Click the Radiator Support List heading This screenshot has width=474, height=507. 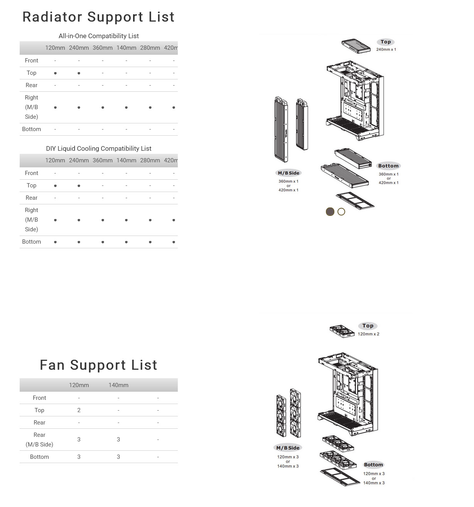pos(99,17)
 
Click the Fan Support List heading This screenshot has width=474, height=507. pos(99,365)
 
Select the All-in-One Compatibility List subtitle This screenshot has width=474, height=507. pos(99,36)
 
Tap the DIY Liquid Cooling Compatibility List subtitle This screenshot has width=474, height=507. pos(99,148)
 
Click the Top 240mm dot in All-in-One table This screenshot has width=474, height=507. pos(79,73)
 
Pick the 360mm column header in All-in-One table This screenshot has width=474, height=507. pos(103,48)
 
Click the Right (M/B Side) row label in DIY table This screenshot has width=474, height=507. pos(31,220)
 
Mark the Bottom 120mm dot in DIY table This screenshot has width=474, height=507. pos(55,242)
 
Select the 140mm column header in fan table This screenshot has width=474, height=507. pos(118,385)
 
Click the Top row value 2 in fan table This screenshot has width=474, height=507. pos(79,410)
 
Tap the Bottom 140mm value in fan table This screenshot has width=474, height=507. pos(118,457)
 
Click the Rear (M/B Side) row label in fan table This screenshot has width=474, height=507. pos(39,440)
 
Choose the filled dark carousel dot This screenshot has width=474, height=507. pos(330,212)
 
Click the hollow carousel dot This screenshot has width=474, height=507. pos(341,212)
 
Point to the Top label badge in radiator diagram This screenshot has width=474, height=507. pos(386,42)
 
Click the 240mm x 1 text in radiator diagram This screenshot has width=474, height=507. pos(386,49)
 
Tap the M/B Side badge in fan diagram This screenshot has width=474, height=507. pos(288,448)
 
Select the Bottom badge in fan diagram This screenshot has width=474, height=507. pos(373,465)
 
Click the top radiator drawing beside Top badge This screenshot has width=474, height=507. pos(356,46)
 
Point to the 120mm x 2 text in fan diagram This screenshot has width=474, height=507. pos(369,334)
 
